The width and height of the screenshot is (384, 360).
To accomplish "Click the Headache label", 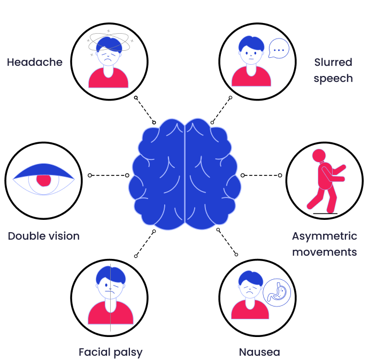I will tap(34, 63).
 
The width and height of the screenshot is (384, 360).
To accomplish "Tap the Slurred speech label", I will tap(333, 71).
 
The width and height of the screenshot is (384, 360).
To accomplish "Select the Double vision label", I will tap(44, 236).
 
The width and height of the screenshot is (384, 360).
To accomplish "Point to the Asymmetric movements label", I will tap(325, 244).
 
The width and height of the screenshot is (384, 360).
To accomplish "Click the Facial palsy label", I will tap(110, 352).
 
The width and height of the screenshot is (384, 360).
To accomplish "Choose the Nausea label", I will tap(259, 352).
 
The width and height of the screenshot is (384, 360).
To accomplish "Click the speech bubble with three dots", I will tap(278, 50).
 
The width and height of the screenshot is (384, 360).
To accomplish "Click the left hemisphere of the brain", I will tap(158, 174).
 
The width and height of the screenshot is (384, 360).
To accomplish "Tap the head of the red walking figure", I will tap(319, 156).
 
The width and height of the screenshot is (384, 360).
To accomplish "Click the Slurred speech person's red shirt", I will tap(251, 78).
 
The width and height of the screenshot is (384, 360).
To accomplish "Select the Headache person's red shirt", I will tap(109, 79).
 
